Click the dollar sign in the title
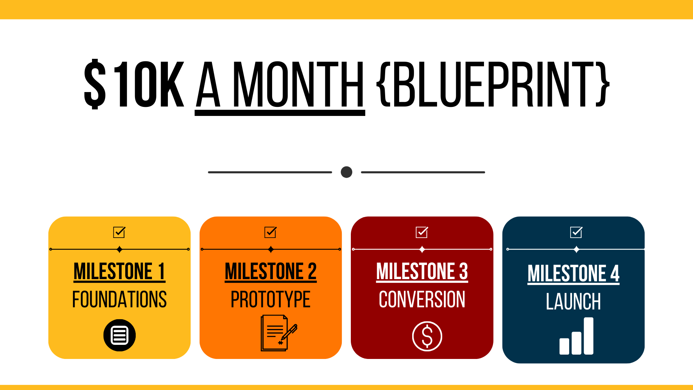coord(95,84)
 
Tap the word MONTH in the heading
coord(298,84)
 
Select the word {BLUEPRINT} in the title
coord(493,84)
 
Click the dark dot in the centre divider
coord(346,172)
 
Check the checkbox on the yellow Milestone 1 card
coord(119,232)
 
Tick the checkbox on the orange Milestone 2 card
coord(270,232)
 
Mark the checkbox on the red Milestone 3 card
coord(422,232)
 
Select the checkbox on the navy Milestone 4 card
coord(576,232)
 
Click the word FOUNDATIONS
coord(119,299)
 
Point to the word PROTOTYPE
coord(270,299)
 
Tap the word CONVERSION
coord(422,299)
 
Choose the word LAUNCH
coord(573,302)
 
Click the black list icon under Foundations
coord(119,335)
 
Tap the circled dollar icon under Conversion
coord(427,336)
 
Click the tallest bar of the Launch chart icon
coord(588,336)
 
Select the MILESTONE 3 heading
coord(422,271)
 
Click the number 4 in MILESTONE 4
coord(615,273)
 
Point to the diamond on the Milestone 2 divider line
coord(271,249)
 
